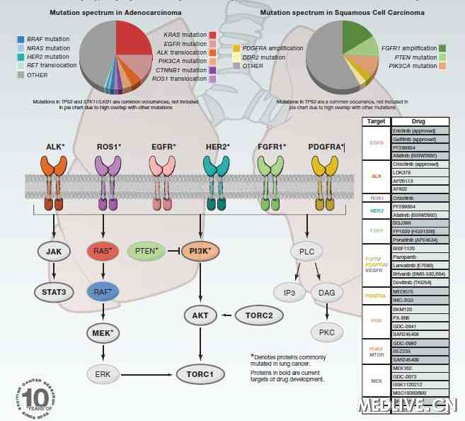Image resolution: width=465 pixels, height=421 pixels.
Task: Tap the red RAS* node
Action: (103, 252)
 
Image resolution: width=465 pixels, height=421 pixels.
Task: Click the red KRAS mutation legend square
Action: (212, 35)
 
